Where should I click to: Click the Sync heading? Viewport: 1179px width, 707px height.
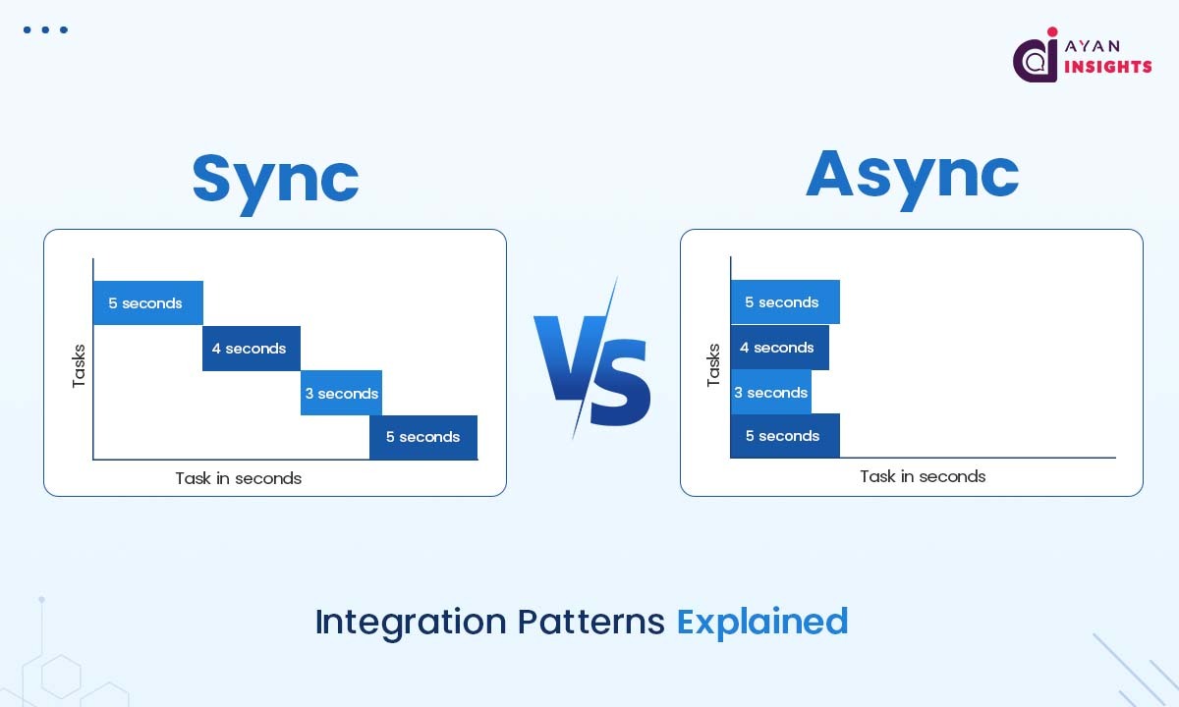275,178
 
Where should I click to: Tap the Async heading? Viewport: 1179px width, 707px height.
912,174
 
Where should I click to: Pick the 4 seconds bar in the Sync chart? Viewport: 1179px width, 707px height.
251,349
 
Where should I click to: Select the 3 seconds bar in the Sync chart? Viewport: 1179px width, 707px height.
341,393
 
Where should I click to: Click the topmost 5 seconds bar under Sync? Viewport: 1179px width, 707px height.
147,302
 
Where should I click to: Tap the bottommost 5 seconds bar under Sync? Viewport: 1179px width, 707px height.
423,437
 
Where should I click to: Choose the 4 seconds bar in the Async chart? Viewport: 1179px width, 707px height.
779,348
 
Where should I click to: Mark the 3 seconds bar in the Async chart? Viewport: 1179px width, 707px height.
771,393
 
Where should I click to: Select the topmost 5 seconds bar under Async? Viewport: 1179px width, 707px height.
784,302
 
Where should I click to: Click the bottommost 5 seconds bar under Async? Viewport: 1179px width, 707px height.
784,436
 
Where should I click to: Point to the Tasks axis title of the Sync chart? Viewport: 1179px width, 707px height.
80,365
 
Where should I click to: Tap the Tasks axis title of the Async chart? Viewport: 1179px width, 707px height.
714,364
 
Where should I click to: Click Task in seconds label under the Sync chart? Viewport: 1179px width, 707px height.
238,478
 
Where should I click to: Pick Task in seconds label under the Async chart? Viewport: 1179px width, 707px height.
923,476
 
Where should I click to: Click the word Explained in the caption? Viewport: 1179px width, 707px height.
762,622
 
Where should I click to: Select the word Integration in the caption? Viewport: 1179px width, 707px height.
412,622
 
